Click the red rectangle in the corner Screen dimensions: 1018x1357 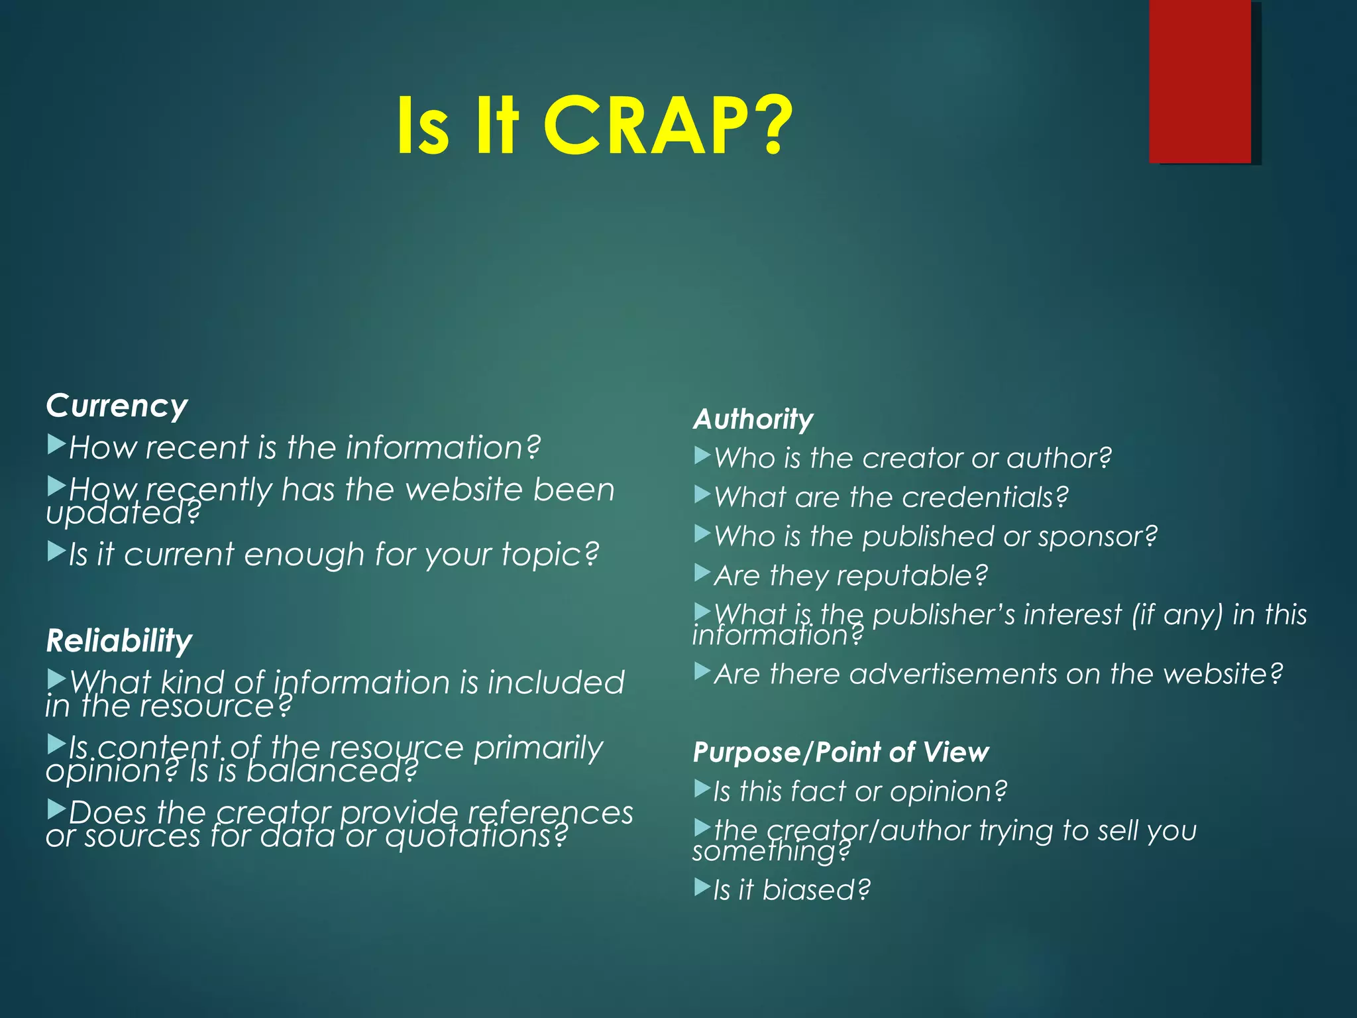[1199, 81]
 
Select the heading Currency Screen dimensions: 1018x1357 [117, 406]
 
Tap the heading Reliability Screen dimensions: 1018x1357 [119, 641]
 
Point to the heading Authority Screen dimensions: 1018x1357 [753, 419]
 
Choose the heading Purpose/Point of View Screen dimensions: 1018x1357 [840, 752]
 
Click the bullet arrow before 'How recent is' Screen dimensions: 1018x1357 [56, 444]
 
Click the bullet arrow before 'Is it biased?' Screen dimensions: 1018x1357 [702, 887]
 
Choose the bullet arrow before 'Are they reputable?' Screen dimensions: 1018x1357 [702, 573]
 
